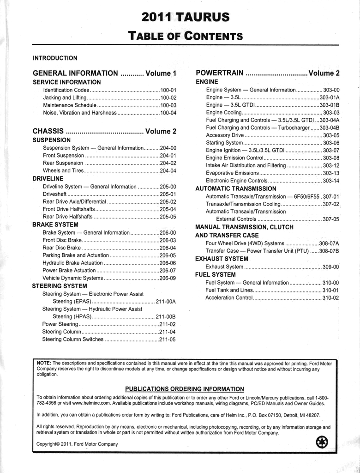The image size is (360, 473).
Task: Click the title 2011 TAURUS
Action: [186, 18]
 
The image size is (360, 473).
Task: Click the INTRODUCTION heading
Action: [55, 58]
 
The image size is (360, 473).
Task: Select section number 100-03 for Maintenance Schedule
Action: [168, 105]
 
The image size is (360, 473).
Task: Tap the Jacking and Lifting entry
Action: [65, 98]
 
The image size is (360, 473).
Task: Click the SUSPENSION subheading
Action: [52, 140]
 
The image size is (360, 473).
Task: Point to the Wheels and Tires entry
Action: [63, 170]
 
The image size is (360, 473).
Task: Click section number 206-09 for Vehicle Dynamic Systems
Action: [168, 278]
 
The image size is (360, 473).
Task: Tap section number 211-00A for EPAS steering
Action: [166, 302]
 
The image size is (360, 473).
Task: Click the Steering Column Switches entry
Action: [73, 340]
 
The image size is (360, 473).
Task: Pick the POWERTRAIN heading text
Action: [220, 73]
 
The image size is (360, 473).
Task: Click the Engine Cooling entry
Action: [224, 113]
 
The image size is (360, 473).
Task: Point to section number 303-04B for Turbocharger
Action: [329, 128]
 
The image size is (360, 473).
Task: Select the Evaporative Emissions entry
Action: [232, 173]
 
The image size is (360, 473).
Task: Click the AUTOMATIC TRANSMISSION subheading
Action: [236, 188]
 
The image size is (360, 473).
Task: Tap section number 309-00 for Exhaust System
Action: [330, 267]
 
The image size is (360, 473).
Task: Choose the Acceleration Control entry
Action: [229, 298]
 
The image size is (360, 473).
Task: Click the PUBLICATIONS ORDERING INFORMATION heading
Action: [185, 389]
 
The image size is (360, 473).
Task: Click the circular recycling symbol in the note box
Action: [322, 443]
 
